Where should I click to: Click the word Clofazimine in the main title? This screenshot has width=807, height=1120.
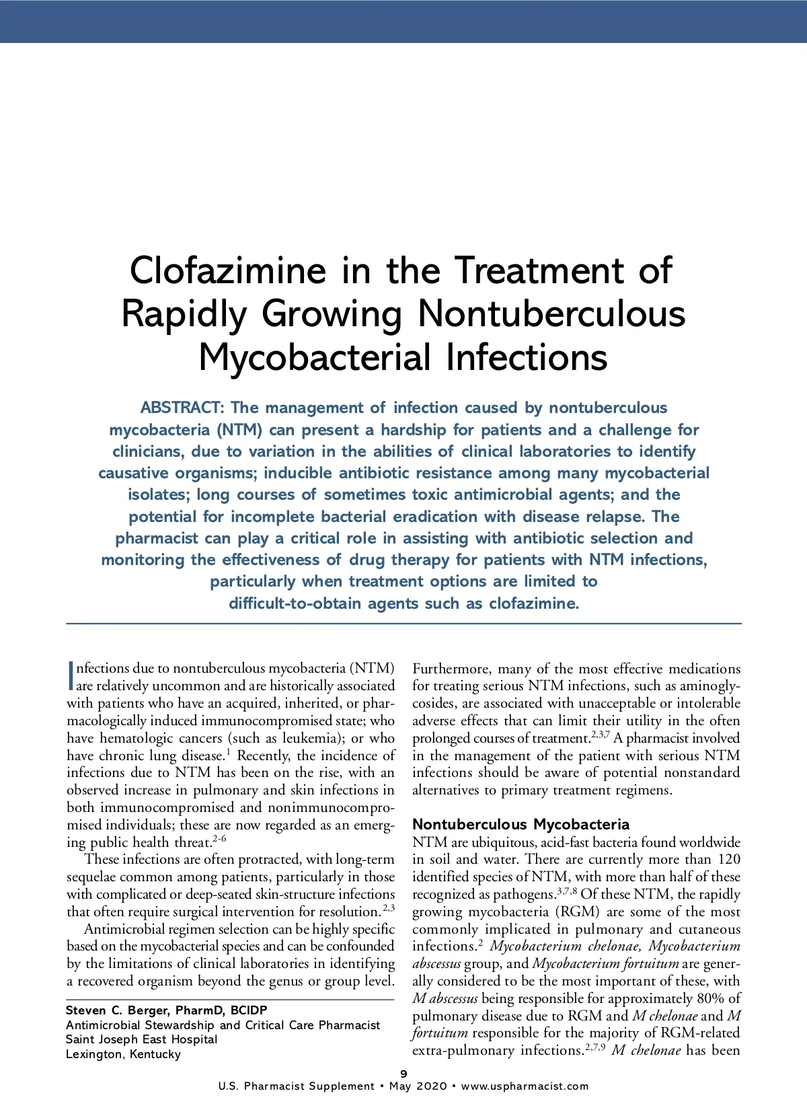click(x=227, y=271)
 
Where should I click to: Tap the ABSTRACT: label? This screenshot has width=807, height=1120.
click(x=181, y=408)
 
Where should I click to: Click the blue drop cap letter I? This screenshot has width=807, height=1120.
click(x=70, y=677)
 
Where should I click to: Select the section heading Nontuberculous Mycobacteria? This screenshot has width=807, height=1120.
click(x=521, y=824)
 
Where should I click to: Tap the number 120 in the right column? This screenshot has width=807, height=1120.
click(x=728, y=860)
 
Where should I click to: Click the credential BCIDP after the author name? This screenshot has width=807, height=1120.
click(x=248, y=1010)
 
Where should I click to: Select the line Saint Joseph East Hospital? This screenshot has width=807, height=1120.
click(x=141, y=1039)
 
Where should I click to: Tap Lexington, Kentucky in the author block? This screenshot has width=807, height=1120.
click(x=123, y=1054)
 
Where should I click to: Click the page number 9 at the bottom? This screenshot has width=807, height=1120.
click(x=403, y=1074)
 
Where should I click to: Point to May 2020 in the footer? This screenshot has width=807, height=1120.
click(x=418, y=1086)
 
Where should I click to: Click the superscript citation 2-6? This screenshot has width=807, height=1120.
click(x=220, y=839)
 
